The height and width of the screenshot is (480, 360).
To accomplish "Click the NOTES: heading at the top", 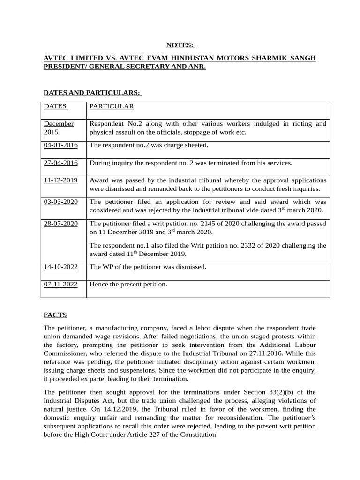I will point(180,45).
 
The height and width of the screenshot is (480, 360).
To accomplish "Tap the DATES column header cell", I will point(55,106).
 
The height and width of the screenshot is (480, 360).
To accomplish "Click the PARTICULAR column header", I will point(112,106).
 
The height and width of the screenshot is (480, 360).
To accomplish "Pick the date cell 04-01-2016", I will point(60,145).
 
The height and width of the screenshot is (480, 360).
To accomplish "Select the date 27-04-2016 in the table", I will point(60,163).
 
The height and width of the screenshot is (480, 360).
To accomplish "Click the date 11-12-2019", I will point(60,180).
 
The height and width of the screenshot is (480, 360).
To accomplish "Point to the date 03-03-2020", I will point(60,202).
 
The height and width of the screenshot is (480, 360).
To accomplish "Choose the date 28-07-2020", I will point(60,224).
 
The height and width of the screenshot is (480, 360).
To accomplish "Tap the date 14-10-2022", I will point(60,267).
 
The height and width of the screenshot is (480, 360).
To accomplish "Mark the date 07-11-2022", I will point(60,284).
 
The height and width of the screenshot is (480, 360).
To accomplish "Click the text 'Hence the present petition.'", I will point(128,284).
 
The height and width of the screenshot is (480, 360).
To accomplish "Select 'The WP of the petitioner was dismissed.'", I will point(148,267).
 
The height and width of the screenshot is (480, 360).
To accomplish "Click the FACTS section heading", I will point(55,315).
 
